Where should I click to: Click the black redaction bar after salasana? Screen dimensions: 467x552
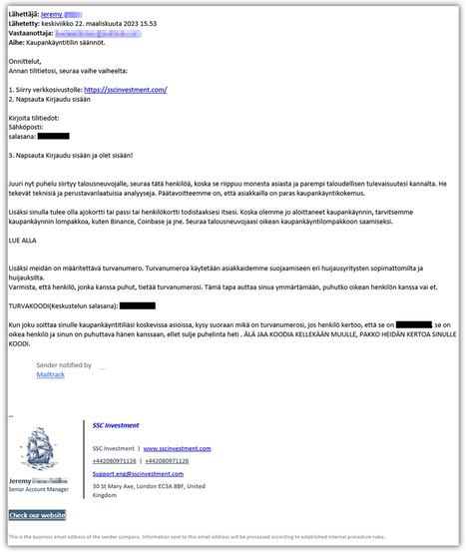(x=54, y=136)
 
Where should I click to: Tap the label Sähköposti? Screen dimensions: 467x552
(x=27, y=127)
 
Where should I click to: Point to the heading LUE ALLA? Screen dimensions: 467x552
(x=23, y=242)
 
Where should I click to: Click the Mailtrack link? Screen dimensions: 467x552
(x=51, y=375)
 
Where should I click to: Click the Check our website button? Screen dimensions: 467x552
(x=38, y=515)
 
